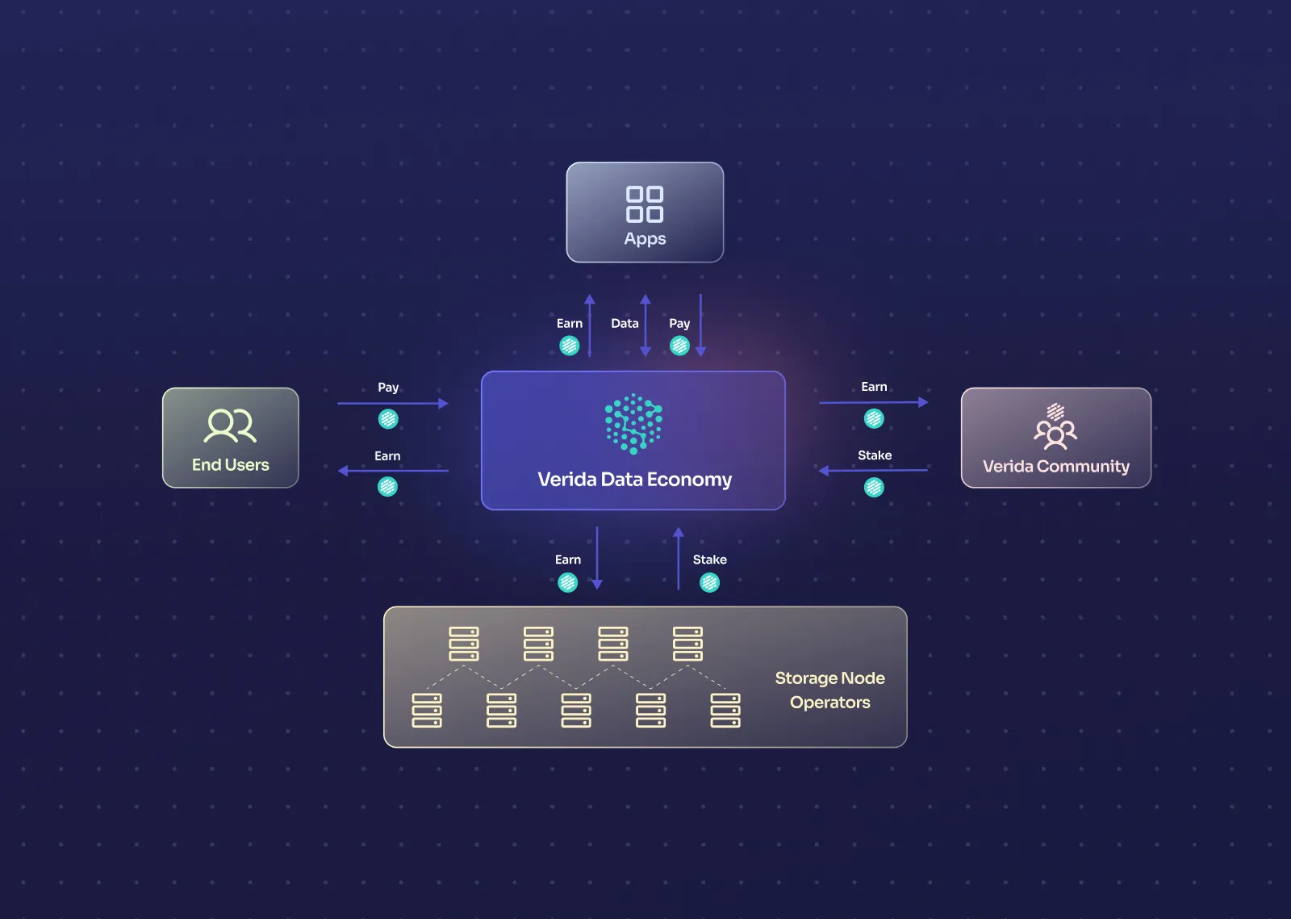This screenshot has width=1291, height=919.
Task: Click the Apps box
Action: [x=645, y=212]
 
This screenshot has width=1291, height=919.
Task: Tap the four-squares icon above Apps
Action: [x=645, y=204]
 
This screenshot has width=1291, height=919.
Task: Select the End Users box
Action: [x=230, y=438]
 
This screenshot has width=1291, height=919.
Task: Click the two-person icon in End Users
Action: [x=230, y=426]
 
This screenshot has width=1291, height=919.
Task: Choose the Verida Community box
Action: [x=1055, y=438]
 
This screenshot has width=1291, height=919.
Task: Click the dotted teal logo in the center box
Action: [x=633, y=423]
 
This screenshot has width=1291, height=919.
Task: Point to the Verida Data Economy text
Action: [x=634, y=480]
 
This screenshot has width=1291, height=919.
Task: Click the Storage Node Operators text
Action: [x=829, y=690]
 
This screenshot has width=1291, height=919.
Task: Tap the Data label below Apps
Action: [x=625, y=324]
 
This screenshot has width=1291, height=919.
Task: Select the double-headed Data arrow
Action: [x=645, y=325]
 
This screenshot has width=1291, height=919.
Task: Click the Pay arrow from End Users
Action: [x=392, y=403]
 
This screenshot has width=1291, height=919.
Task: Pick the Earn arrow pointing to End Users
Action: [x=392, y=471]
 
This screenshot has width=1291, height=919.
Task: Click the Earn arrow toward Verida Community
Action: [x=873, y=402]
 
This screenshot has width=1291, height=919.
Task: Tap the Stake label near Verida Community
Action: [x=875, y=455]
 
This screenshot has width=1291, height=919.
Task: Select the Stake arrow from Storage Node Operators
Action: [x=679, y=559]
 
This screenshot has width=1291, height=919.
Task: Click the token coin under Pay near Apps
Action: [x=679, y=346]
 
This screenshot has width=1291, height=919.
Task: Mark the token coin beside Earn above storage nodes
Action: [x=568, y=582]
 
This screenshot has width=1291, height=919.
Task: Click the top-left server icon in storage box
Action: [x=464, y=644]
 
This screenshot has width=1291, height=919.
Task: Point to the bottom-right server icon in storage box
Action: [x=725, y=710]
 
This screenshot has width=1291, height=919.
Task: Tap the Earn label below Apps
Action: [x=570, y=324]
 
